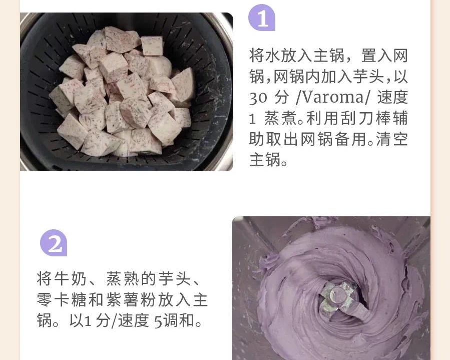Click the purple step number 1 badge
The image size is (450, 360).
[262, 18]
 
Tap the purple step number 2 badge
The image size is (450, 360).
[54, 243]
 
